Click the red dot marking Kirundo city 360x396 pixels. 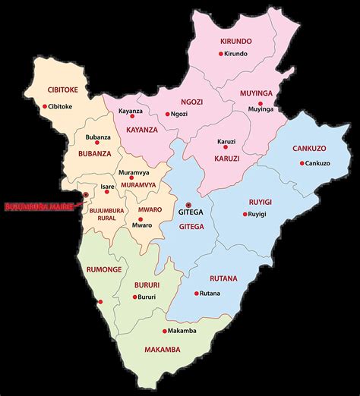[x=221, y=54]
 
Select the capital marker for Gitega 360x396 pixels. [x=188, y=205]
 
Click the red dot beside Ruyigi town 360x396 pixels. [x=245, y=215]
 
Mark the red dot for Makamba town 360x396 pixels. [x=164, y=331]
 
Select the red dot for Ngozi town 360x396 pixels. [x=168, y=115]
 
